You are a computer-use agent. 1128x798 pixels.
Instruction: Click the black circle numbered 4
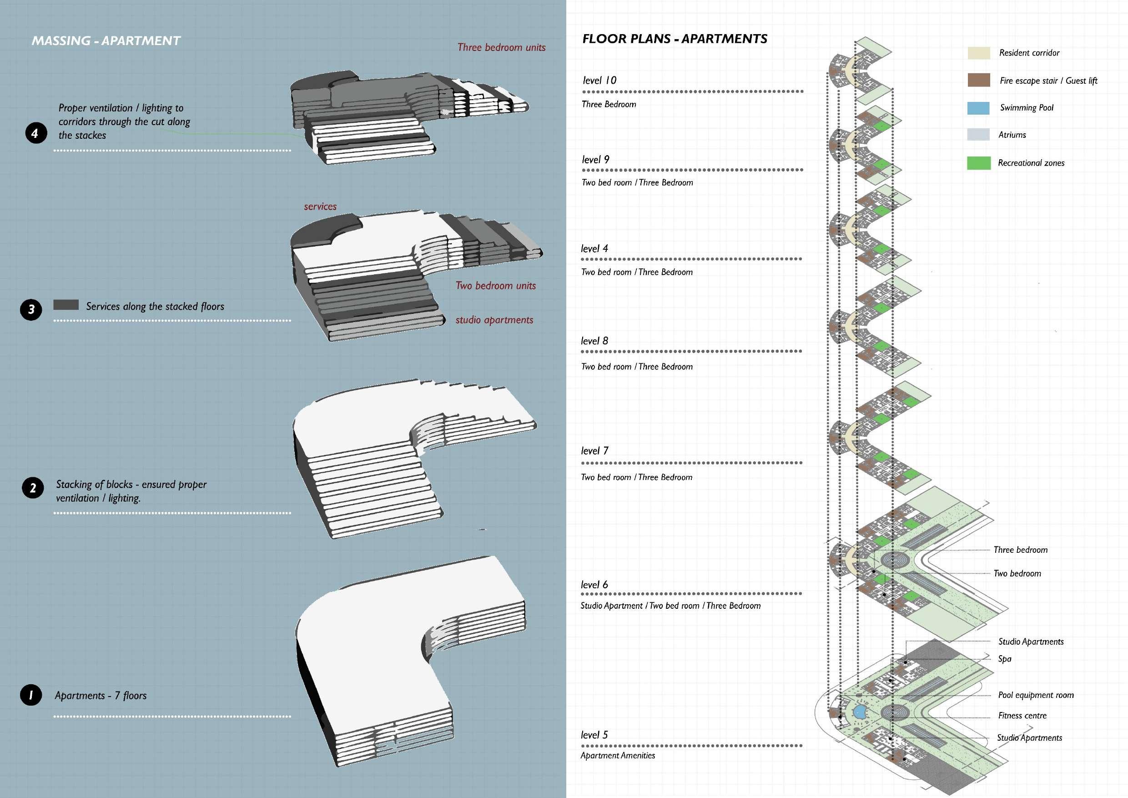click(x=36, y=133)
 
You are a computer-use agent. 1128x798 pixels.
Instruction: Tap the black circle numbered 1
click(x=31, y=695)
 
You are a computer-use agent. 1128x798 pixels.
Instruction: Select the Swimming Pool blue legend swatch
click(x=978, y=108)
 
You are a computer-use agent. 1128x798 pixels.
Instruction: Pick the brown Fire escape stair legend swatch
click(x=978, y=80)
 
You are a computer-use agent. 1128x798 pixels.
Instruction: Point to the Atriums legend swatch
click(x=978, y=135)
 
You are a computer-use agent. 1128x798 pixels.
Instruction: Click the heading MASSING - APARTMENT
click(x=106, y=41)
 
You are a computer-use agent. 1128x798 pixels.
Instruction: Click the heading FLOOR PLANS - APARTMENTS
click(x=675, y=39)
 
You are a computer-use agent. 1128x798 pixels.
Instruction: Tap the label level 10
click(x=599, y=81)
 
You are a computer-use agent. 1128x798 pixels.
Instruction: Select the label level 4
click(x=594, y=249)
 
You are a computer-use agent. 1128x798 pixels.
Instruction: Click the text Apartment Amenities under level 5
click(x=618, y=755)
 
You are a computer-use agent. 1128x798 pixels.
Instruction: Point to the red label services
click(x=320, y=207)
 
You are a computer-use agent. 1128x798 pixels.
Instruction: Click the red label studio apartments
click(x=494, y=320)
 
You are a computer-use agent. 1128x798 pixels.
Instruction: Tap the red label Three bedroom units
click(x=501, y=48)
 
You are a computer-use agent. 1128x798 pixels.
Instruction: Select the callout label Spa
click(x=1004, y=659)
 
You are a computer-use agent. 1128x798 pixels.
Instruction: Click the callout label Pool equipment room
click(x=1036, y=695)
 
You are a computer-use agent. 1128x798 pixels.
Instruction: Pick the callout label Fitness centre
click(x=1022, y=716)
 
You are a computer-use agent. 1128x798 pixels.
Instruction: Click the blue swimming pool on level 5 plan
click(x=859, y=712)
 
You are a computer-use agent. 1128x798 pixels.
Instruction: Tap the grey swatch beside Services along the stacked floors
click(x=66, y=305)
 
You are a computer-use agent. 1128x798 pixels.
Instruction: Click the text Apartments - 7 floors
click(x=101, y=695)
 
